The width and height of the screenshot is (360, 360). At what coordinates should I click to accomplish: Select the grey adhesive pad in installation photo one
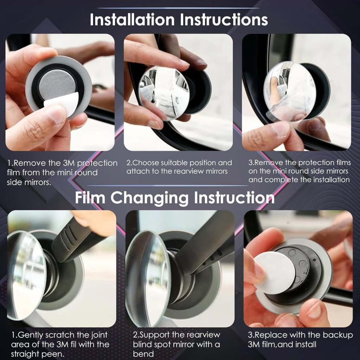point(57,86)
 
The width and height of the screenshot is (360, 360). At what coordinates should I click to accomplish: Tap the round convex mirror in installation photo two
point(163,89)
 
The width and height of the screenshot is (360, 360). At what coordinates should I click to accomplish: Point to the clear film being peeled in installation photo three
point(278,112)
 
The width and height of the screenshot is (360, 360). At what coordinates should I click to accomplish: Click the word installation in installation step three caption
point(331,180)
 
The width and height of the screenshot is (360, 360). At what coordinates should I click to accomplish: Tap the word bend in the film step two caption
point(143,353)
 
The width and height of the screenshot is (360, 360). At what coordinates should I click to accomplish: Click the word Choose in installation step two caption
point(145,163)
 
